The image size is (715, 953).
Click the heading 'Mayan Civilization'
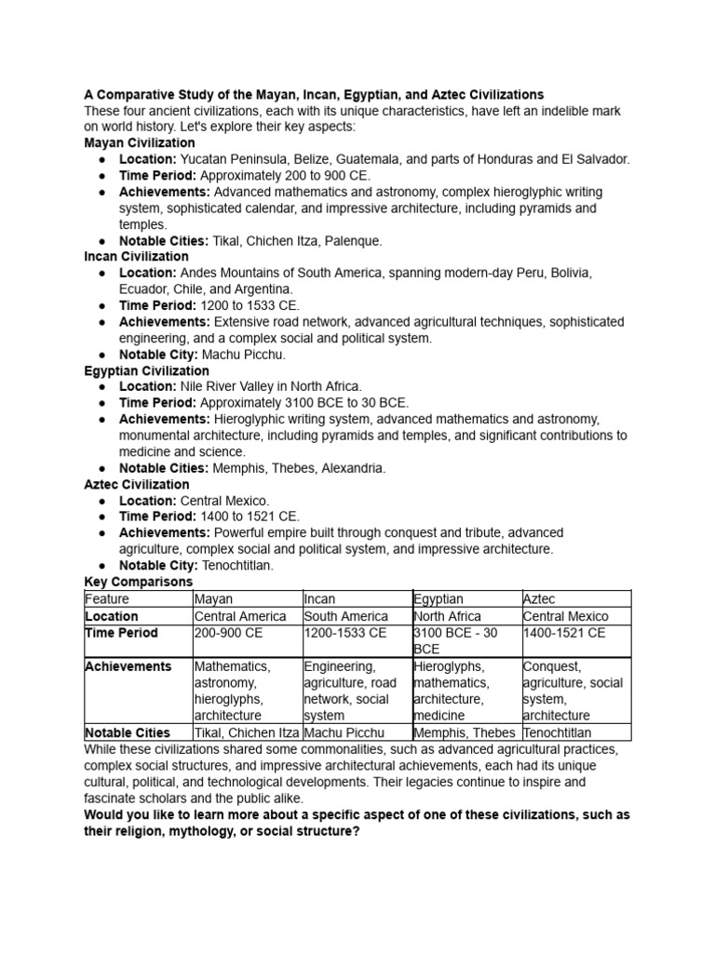[140, 143]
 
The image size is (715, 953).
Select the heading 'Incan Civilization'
[136, 257]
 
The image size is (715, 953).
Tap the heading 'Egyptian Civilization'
[146, 371]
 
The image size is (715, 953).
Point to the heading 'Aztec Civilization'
[136, 485]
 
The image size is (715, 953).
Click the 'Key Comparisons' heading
[138, 583]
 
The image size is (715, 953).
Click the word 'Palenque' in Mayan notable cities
[351, 241]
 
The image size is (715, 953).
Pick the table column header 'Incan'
[321, 599]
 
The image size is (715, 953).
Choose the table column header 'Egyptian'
[438, 599]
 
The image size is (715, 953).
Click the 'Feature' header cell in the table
[107, 599]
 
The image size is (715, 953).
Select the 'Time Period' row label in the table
[121, 634]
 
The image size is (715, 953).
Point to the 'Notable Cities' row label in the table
[128, 733]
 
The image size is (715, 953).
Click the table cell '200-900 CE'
[230, 634]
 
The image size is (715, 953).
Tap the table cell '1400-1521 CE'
[564, 634]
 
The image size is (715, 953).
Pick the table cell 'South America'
[345, 617]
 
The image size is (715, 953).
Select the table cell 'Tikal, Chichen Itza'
[248, 733]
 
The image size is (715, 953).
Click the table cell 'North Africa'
[448, 617]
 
